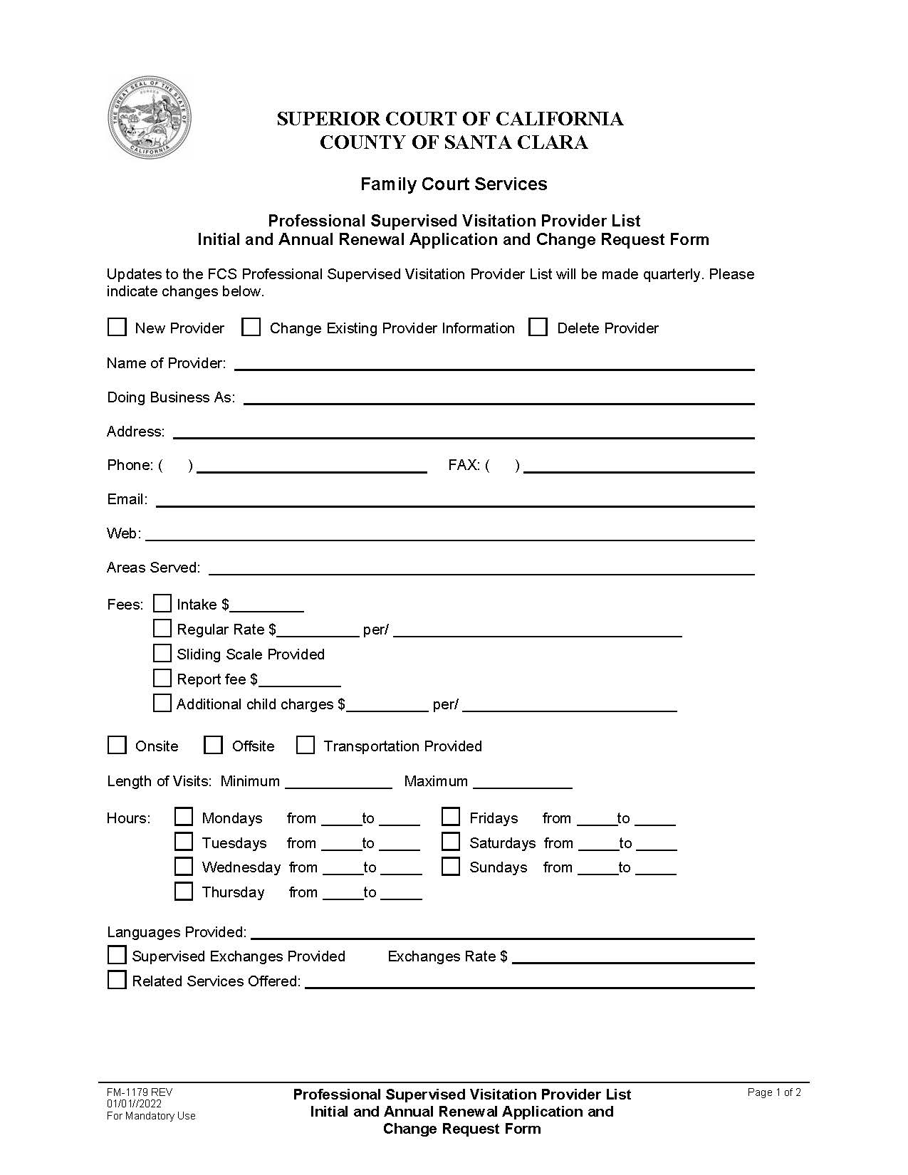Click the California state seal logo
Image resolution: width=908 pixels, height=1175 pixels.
pos(150,117)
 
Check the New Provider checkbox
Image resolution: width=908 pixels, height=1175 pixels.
pos(116,327)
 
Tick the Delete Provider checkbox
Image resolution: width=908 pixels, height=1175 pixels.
pos(538,327)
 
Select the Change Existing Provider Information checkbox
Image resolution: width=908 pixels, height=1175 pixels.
pos(251,327)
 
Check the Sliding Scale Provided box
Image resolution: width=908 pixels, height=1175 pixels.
pos(162,653)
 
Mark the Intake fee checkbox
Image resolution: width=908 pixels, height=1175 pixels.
pos(162,603)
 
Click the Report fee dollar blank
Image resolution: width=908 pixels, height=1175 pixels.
pos(299,679)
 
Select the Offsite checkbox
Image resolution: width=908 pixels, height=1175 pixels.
pos(213,745)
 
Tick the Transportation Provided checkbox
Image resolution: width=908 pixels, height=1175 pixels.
pos(305,745)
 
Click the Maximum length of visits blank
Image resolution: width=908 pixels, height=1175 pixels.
pos(522,782)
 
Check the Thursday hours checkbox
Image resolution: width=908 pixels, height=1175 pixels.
pos(184,891)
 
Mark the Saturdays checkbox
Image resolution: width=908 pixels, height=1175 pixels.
pos(451,842)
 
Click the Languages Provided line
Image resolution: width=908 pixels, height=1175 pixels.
pos(502,932)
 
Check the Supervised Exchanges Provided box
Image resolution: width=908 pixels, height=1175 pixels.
pos(116,955)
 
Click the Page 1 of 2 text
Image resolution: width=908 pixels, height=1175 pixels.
pos(774,1092)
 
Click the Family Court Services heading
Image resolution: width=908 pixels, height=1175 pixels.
pos(454,184)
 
